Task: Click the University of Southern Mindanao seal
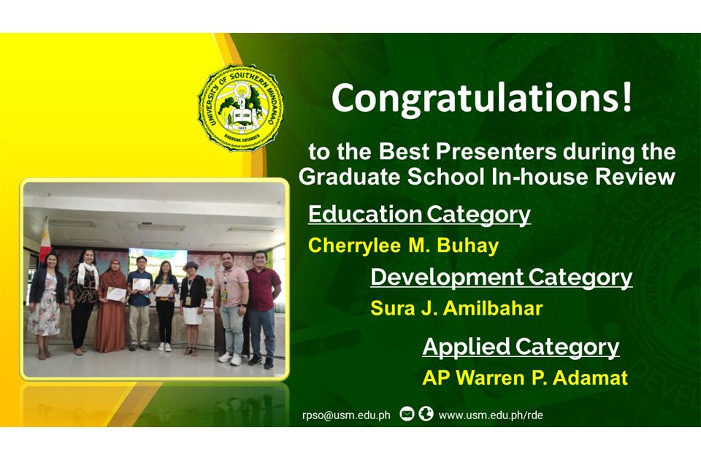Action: [x=240, y=107]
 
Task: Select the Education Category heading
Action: [x=419, y=215]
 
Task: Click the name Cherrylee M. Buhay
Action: [x=403, y=245]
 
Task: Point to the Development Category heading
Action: [x=501, y=277]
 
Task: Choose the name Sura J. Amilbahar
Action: [x=456, y=308]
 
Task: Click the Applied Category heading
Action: [x=521, y=347]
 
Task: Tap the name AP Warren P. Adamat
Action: [x=525, y=377]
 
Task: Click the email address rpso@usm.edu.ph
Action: [x=346, y=415]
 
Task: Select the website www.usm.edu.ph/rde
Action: [x=491, y=415]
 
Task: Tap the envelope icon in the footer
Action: [x=407, y=415]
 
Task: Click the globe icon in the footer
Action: [x=426, y=414]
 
